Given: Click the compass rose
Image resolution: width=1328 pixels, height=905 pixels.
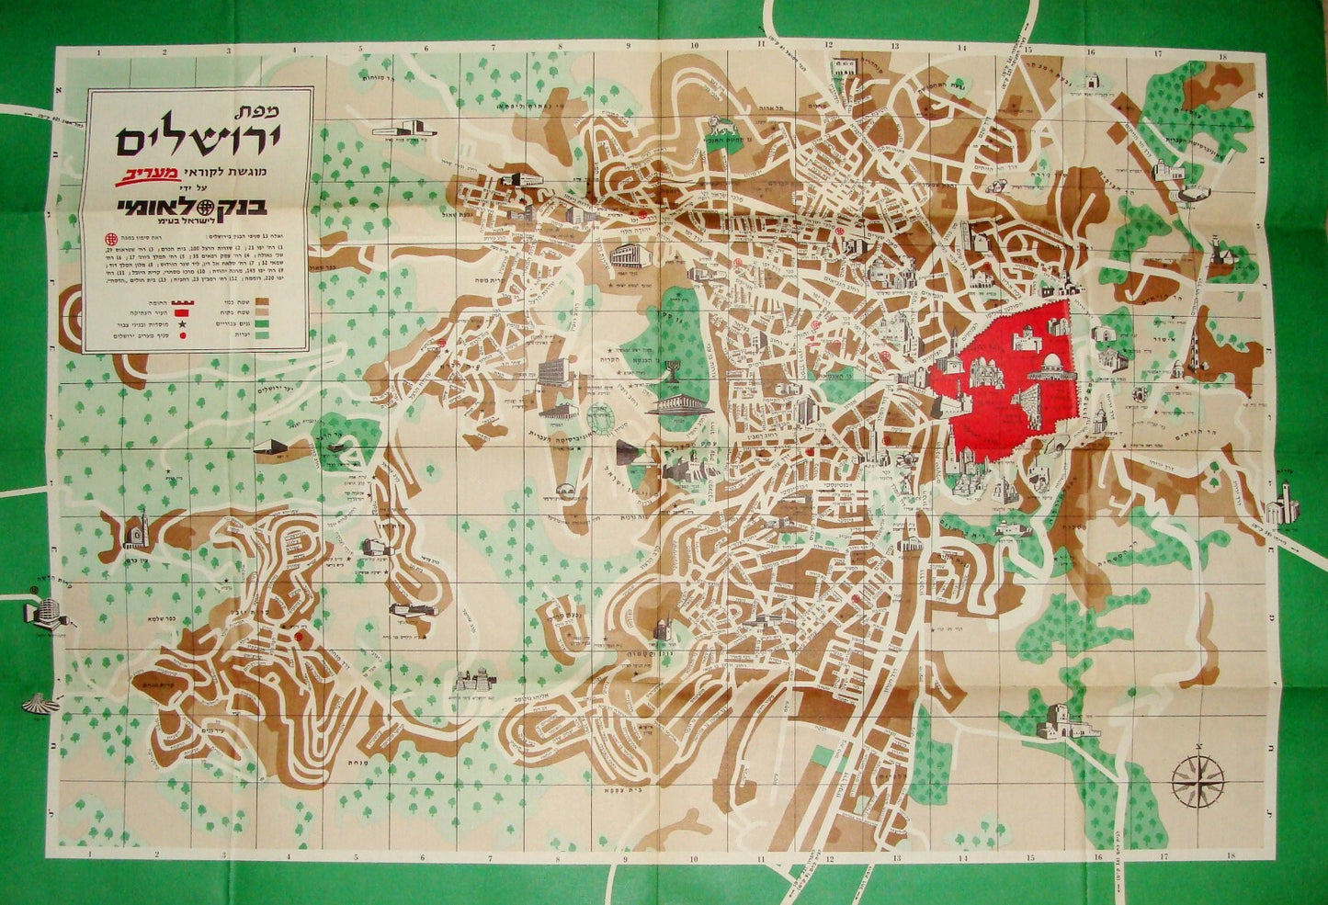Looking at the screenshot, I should pos(1198,777).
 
